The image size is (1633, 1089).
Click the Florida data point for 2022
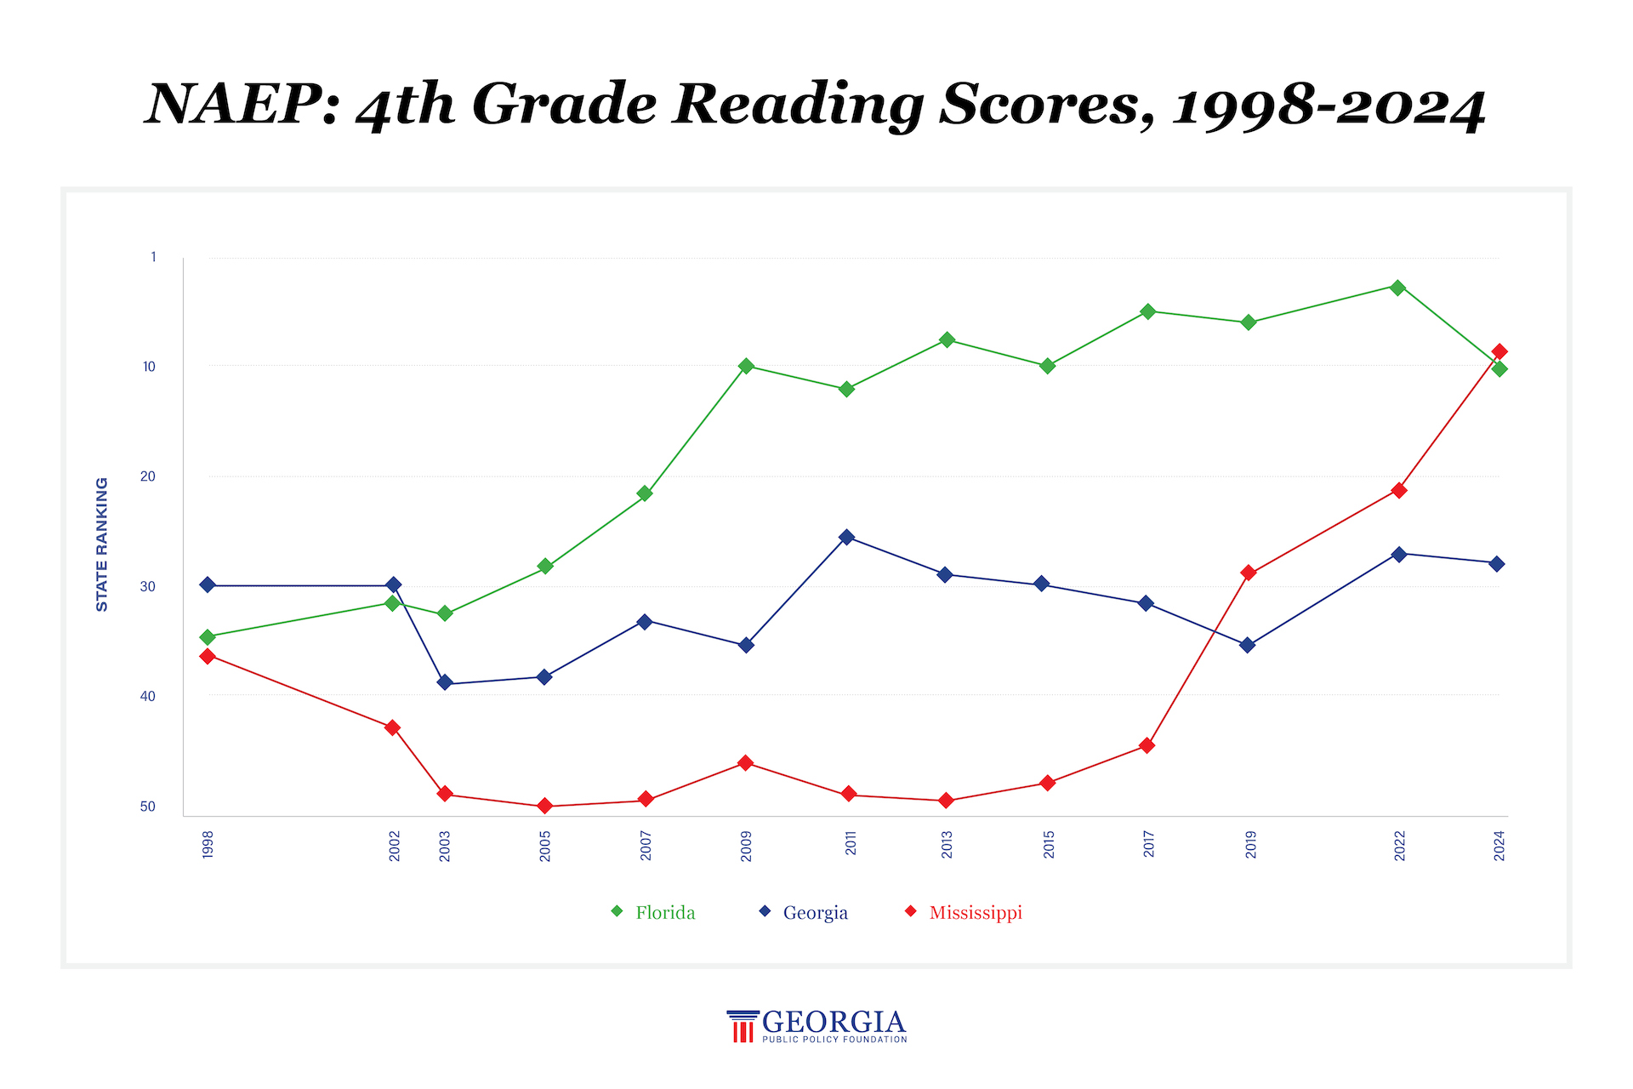pyautogui.click(x=1397, y=288)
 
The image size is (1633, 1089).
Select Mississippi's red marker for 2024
pyautogui.click(x=1499, y=351)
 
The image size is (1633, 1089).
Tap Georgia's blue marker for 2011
pyautogui.click(x=846, y=537)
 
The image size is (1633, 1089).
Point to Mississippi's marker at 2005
pyautogui.click(x=544, y=806)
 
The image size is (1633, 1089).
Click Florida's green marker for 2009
pyautogui.click(x=746, y=366)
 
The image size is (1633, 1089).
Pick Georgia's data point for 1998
pyautogui.click(x=208, y=584)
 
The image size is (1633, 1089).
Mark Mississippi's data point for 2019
pyautogui.click(x=1249, y=573)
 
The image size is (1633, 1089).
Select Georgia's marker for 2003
pyautogui.click(x=444, y=682)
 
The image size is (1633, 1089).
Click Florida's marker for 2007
pyautogui.click(x=645, y=493)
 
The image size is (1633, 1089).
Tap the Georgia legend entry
pyautogui.click(x=804, y=912)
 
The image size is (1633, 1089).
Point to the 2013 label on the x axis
pyautogui.click(x=947, y=845)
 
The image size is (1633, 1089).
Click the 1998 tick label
pyautogui.click(x=208, y=845)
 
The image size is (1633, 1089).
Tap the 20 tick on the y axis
pyautogui.click(x=148, y=476)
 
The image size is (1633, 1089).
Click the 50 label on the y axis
pyautogui.click(x=148, y=807)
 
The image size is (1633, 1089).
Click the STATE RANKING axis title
pyautogui.click(x=102, y=544)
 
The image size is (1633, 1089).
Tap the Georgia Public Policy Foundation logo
pyautogui.click(x=816, y=1026)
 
